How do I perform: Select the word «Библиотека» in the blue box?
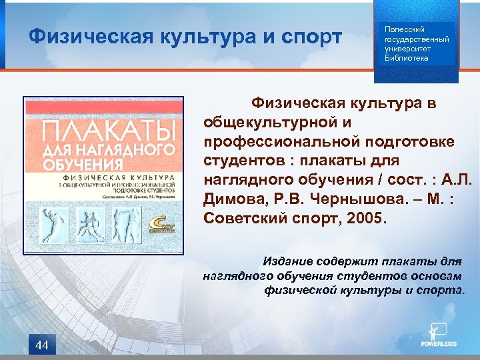407,58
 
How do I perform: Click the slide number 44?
42,345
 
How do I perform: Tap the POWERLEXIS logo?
438,337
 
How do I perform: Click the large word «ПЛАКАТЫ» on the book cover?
104,131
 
